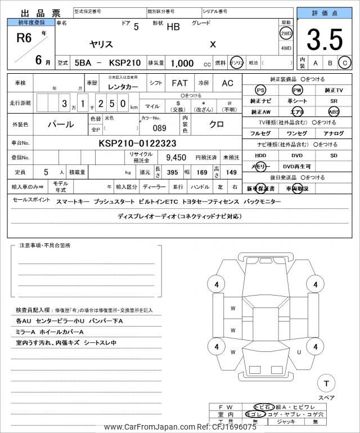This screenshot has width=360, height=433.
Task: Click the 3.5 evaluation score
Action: click(326, 40)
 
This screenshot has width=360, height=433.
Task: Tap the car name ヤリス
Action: click(101, 43)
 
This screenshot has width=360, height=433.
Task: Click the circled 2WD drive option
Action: click(286, 33)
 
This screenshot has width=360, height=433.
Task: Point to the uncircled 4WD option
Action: click(286, 48)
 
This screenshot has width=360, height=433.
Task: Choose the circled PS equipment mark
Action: click(260, 90)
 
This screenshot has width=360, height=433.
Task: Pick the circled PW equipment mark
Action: click(296, 90)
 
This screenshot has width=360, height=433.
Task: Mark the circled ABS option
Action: click(334, 111)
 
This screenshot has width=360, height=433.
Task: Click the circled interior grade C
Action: click(345, 63)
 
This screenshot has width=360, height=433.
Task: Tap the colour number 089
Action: click(160, 128)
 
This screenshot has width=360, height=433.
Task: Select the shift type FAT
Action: click(179, 83)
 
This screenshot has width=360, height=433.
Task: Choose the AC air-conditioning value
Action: click(227, 83)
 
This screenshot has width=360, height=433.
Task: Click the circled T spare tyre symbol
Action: click(326, 383)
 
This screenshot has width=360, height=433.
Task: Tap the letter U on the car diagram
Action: click(299, 351)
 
